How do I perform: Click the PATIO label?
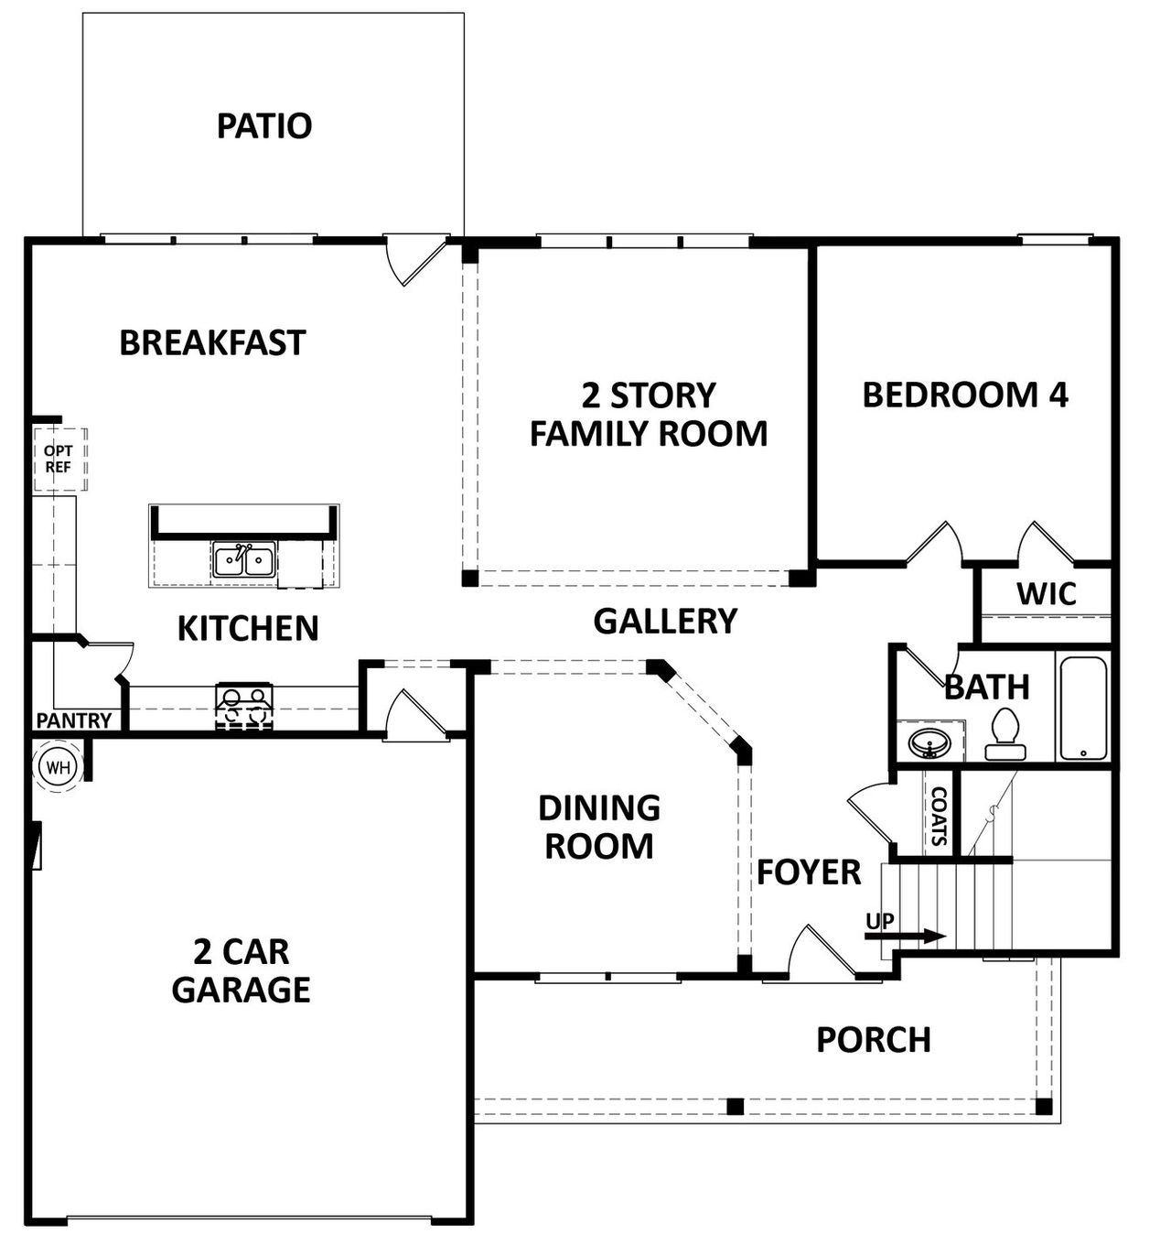[x=264, y=125]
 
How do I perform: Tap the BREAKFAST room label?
[x=212, y=342]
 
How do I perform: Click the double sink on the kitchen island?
[x=244, y=559]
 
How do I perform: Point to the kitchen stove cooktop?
[x=244, y=706]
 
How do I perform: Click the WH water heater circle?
[x=59, y=766]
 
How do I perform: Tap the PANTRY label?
[x=73, y=720]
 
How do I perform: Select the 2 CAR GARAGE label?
[x=242, y=970]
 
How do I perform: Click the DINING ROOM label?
[x=599, y=827]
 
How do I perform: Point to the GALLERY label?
[x=665, y=621]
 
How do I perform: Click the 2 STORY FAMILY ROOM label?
[x=649, y=415]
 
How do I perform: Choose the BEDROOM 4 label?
[x=965, y=395]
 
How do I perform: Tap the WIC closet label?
[x=1047, y=594]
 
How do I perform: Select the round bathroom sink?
[x=929, y=741]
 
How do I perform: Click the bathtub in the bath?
[x=1083, y=708]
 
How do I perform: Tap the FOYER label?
[x=809, y=872]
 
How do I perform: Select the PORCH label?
[x=873, y=1040]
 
